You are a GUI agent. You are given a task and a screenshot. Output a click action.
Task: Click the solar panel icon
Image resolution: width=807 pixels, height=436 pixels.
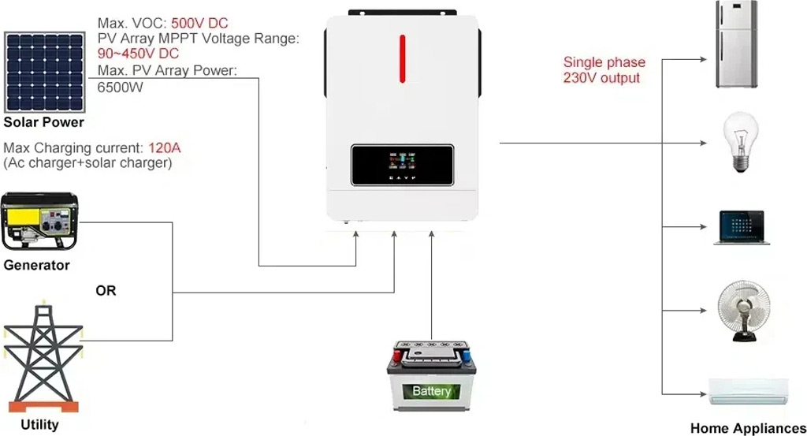click(x=45, y=73)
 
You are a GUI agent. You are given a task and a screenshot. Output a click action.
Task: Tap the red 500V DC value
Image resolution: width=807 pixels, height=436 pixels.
click(x=199, y=23)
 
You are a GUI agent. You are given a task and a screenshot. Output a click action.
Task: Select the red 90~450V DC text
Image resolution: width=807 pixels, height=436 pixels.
click(x=138, y=54)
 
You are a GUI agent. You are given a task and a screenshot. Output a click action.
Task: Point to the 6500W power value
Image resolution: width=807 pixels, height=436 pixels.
click(x=120, y=87)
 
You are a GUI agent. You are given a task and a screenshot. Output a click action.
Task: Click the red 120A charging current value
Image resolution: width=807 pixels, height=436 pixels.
click(x=164, y=148)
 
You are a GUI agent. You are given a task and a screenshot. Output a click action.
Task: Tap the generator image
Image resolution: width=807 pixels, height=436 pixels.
click(x=39, y=222)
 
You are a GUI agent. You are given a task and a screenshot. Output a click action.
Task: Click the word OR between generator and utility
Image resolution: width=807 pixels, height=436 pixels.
click(x=106, y=291)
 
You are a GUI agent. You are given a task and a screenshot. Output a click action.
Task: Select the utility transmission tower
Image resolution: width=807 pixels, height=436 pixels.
click(x=43, y=358)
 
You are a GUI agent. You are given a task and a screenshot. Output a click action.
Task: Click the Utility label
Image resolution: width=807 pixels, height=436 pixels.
click(x=39, y=425)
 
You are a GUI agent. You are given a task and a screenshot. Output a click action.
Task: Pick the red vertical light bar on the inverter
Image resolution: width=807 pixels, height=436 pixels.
click(x=403, y=58)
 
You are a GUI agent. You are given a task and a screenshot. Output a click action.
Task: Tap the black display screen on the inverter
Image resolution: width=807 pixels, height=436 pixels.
click(x=402, y=166)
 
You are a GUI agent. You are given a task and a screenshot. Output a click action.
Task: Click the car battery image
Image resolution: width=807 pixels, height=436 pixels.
click(x=431, y=376)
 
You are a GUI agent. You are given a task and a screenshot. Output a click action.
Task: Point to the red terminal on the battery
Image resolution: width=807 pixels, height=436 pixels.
click(x=397, y=356)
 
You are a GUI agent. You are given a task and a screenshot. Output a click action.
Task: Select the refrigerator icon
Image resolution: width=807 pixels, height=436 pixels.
click(x=737, y=44)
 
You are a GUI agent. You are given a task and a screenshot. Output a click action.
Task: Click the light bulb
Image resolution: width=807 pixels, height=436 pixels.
click(x=741, y=142)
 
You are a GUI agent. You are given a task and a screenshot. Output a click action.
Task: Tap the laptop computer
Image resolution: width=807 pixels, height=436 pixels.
click(x=742, y=228)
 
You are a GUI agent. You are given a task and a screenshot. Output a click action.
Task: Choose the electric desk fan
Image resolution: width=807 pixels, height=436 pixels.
click(x=744, y=311)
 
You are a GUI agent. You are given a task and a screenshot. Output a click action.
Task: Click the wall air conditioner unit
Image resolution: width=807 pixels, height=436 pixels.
click(x=749, y=392)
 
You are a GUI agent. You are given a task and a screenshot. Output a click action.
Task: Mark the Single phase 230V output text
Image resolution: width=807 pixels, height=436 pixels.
click(x=604, y=70)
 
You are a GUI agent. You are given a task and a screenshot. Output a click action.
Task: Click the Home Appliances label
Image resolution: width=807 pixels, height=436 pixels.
click(x=749, y=428)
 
